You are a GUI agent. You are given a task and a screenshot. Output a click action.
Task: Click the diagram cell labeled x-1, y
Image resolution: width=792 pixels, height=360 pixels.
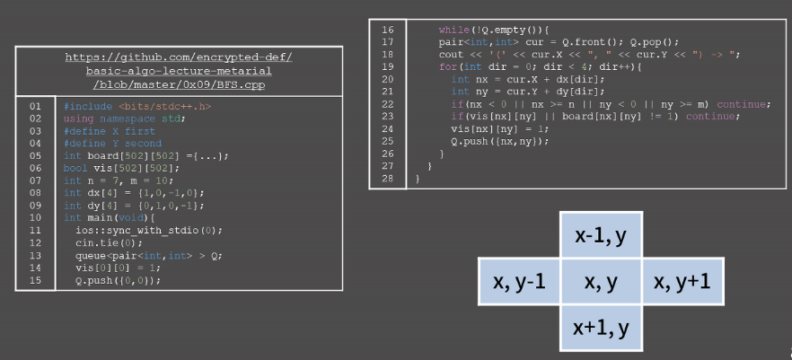click(601, 236)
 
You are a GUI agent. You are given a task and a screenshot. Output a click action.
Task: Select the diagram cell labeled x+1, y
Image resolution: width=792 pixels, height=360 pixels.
click(601, 327)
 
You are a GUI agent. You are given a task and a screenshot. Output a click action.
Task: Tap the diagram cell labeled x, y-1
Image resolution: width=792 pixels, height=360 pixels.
click(521, 282)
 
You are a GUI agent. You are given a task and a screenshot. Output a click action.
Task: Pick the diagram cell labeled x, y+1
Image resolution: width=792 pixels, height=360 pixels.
click(682, 282)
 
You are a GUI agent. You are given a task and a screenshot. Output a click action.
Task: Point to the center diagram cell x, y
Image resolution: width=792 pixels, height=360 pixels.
click(601, 282)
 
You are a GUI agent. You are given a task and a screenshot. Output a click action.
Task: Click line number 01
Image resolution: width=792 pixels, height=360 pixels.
click(36, 106)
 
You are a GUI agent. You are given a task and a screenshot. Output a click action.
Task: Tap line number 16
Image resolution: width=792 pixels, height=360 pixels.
click(388, 30)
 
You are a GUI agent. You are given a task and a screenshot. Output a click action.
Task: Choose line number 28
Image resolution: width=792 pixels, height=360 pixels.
click(388, 179)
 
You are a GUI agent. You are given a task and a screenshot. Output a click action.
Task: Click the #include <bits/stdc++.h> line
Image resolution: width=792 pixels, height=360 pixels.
click(125, 106)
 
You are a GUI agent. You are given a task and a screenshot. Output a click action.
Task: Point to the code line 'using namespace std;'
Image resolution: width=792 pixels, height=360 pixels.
click(125, 119)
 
